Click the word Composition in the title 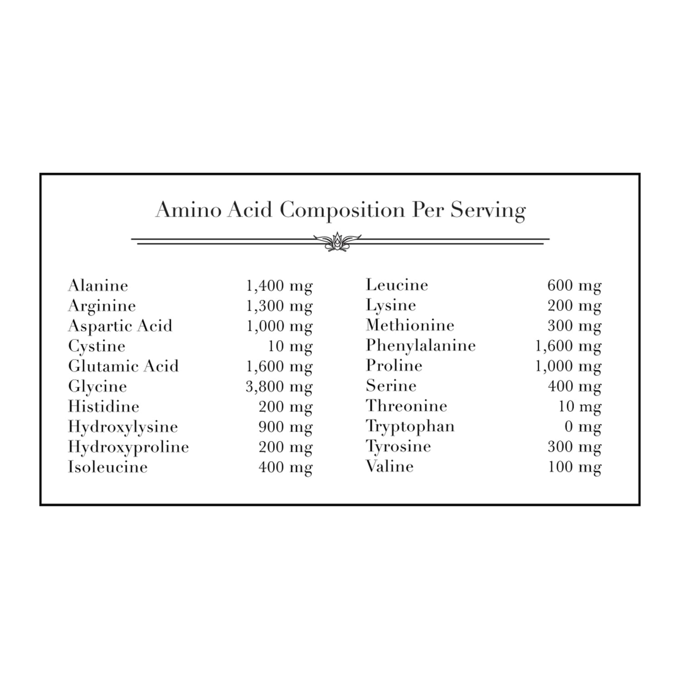point(342,210)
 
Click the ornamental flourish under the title point(337,242)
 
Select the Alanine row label point(98,286)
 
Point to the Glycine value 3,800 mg point(279,387)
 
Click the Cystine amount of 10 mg point(290,346)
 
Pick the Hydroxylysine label point(123,427)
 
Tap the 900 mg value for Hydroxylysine point(286,427)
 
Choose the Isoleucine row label point(108,467)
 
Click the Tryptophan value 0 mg point(583,427)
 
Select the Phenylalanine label point(421,345)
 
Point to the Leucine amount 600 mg point(574,286)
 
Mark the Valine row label point(390,466)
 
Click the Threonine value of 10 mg point(579,406)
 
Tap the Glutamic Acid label point(123,366)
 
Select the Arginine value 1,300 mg point(279,306)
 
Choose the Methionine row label point(410,325)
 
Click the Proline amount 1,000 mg point(568,366)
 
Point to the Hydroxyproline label point(128,447)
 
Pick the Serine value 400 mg point(574,386)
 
